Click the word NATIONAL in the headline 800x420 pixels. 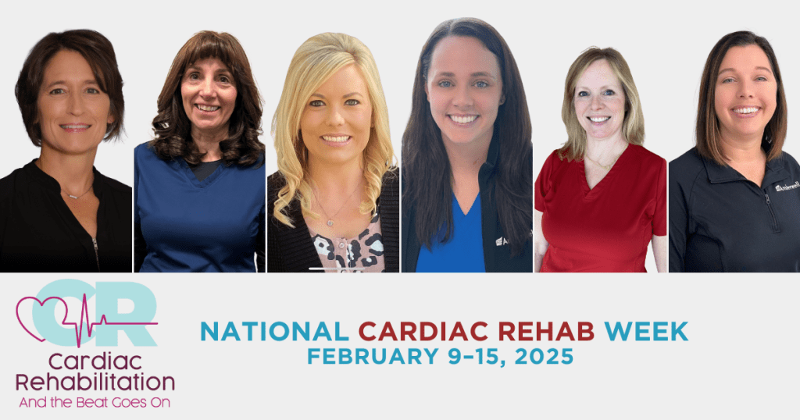[x=274, y=331]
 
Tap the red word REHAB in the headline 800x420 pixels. [x=546, y=331]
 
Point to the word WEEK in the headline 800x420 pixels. [x=646, y=331]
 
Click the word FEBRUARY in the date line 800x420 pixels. [x=373, y=356]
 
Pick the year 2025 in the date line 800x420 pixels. [x=544, y=356]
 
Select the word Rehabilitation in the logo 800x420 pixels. [x=95, y=383]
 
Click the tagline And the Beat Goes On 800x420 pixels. [x=95, y=402]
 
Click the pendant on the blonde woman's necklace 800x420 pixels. [x=330, y=222]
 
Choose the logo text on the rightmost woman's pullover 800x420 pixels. [x=787, y=187]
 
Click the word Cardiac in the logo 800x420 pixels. [x=95, y=361]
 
